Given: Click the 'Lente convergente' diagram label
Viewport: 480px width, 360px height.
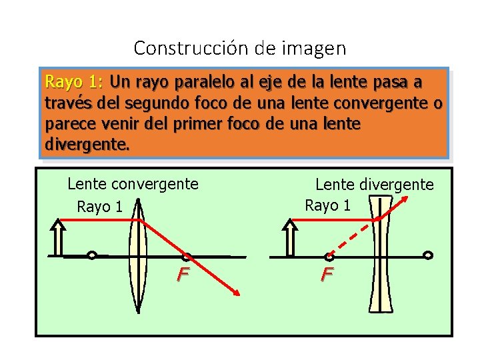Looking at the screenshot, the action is pos(133,183).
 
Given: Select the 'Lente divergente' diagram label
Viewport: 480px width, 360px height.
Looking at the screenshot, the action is pos(374,184).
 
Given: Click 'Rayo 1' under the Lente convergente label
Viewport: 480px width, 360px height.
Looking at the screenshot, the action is pos(100,207).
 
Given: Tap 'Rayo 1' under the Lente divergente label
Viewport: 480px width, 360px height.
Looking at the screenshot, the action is pos(327,205).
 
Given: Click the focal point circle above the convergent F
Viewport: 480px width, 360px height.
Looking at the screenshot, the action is pos(187,255).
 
